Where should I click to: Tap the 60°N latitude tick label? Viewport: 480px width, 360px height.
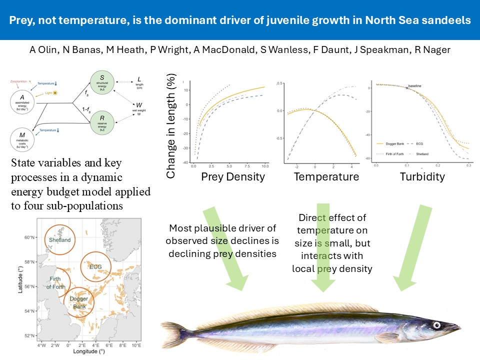point(29,237)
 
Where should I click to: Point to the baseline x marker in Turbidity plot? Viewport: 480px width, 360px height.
point(406,88)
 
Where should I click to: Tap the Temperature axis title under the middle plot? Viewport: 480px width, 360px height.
point(326,176)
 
